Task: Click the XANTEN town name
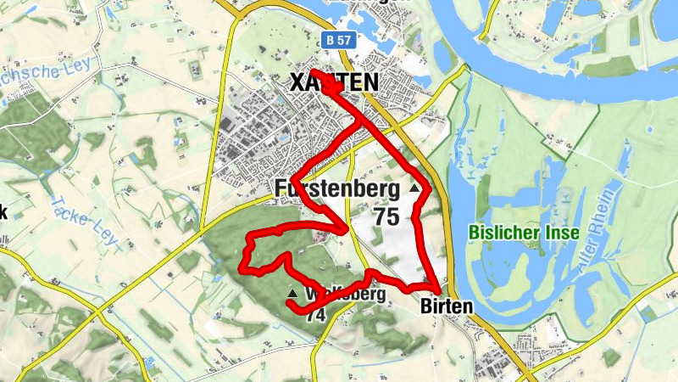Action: point(334,82)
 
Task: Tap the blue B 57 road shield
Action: point(337,39)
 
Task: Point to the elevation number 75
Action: point(386,216)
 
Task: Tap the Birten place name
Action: point(445,306)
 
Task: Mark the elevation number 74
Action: point(315,315)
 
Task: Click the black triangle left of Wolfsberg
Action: point(292,293)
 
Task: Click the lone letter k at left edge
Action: point(3,212)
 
